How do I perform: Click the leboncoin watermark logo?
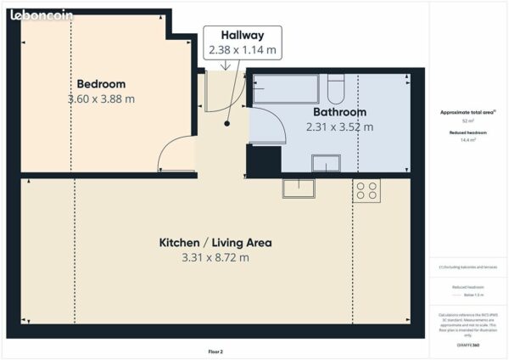(x=42, y=14)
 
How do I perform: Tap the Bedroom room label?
(x=101, y=84)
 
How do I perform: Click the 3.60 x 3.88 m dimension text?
(x=101, y=99)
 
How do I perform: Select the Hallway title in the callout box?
(x=243, y=36)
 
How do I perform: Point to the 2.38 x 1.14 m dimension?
(x=243, y=50)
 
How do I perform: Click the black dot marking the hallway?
(x=227, y=124)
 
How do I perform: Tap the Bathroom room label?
(x=339, y=112)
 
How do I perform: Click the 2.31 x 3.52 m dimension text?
(x=339, y=127)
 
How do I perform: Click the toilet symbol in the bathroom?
(x=336, y=87)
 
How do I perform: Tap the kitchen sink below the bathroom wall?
(x=299, y=188)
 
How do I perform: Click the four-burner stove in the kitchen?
(x=366, y=191)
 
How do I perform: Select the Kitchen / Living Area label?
(x=215, y=243)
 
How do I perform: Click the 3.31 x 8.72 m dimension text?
(x=215, y=257)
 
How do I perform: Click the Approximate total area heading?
(x=467, y=112)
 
